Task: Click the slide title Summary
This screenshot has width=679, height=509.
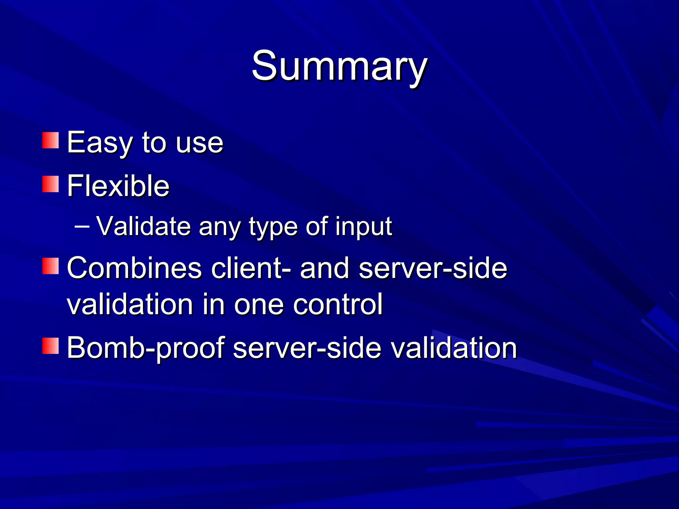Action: (x=339, y=66)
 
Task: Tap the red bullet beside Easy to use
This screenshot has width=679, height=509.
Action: (x=50, y=141)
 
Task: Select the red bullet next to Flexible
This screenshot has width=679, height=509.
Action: (x=50, y=184)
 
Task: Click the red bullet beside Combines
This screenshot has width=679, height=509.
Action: (x=50, y=266)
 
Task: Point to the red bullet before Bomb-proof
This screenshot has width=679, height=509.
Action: (x=50, y=346)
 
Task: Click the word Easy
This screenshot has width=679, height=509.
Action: (x=99, y=143)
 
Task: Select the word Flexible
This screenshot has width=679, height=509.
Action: (x=118, y=186)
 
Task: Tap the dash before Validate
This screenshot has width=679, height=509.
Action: (x=82, y=227)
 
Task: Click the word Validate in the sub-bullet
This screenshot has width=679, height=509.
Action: (x=144, y=227)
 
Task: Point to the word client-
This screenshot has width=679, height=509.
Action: (x=251, y=268)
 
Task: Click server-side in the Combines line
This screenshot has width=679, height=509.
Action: (x=433, y=268)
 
